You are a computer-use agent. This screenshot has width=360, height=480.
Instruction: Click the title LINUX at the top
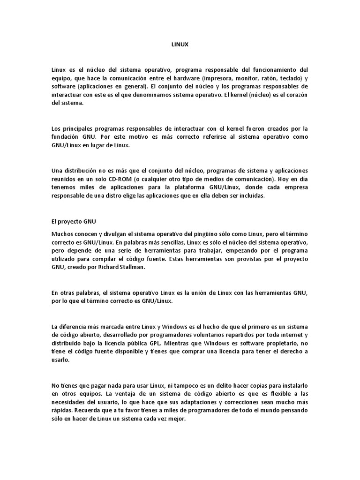coord(180,45)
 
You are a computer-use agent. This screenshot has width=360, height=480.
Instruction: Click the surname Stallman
coord(152,267)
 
